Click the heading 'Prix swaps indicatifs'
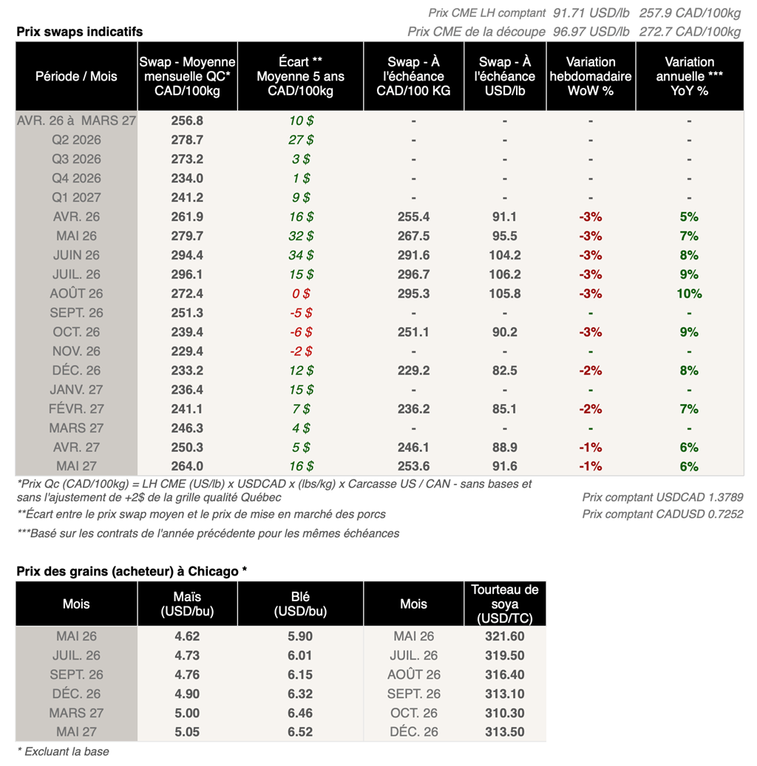(x=80, y=32)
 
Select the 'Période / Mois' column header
(x=76, y=76)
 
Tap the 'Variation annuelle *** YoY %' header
(x=689, y=76)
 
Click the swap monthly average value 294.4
(x=187, y=255)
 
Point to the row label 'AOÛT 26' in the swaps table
(x=76, y=293)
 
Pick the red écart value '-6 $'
(x=299, y=332)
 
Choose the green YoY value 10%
(x=689, y=293)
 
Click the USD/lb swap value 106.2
(x=504, y=274)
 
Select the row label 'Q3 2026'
(x=76, y=159)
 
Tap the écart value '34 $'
(x=299, y=255)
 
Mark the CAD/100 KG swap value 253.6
(x=413, y=466)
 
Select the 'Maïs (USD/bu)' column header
(x=187, y=603)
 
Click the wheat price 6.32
(x=299, y=694)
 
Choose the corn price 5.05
(x=187, y=732)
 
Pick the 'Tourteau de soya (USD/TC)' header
(x=505, y=603)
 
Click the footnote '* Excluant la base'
(x=63, y=752)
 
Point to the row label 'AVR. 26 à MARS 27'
(x=76, y=120)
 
